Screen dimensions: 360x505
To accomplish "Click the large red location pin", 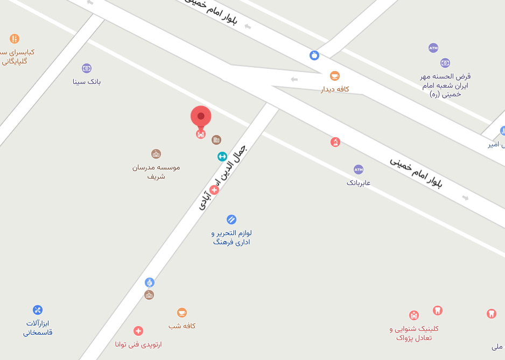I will [201, 117].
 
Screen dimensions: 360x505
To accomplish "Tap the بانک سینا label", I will [87, 82].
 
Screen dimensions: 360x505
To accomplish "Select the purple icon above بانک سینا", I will [87, 68].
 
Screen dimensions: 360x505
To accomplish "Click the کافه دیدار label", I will [335, 89].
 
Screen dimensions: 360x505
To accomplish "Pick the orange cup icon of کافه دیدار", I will [335, 76].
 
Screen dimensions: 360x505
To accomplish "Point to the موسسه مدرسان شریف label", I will [156, 172].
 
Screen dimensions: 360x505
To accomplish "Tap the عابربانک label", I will [359, 183].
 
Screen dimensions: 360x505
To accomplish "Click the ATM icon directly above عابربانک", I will [359, 170].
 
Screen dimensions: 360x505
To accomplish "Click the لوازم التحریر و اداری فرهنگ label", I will [232, 237].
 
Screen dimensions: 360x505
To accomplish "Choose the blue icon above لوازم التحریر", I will [232, 220].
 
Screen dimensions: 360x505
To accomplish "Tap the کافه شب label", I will [182, 326].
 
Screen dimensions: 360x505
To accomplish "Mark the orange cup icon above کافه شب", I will [182, 313].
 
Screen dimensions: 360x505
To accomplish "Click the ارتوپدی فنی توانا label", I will [138, 344].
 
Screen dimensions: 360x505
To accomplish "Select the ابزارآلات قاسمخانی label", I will [38, 328].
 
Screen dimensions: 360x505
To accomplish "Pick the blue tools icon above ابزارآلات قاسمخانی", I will [38, 310].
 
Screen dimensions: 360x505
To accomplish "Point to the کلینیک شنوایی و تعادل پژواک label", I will [414, 333].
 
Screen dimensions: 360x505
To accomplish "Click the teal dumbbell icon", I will [222, 157].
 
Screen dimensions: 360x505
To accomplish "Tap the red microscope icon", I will [335, 142].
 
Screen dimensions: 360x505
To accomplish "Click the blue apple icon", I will [314, 55].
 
